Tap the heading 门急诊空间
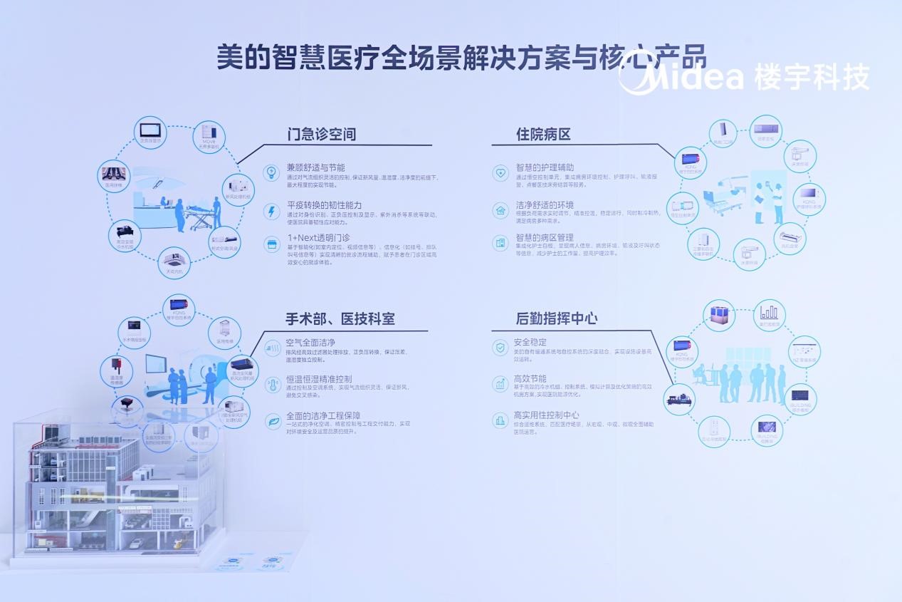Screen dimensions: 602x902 321,134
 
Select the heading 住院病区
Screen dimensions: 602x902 543,134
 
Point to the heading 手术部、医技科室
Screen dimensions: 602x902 340,318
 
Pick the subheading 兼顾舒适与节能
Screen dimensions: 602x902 315,168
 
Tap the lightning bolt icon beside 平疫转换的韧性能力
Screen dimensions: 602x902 271,211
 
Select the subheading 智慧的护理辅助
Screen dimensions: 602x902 545,168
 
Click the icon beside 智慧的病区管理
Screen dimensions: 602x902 500,243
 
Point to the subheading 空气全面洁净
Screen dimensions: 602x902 310,343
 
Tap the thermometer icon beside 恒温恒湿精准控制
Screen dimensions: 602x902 271,385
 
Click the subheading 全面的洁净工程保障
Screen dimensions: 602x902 323,416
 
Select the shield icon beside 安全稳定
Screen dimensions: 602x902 500,347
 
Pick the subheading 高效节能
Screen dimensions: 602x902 530,379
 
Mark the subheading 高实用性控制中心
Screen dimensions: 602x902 546,415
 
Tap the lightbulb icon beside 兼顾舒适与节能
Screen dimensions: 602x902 271,172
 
